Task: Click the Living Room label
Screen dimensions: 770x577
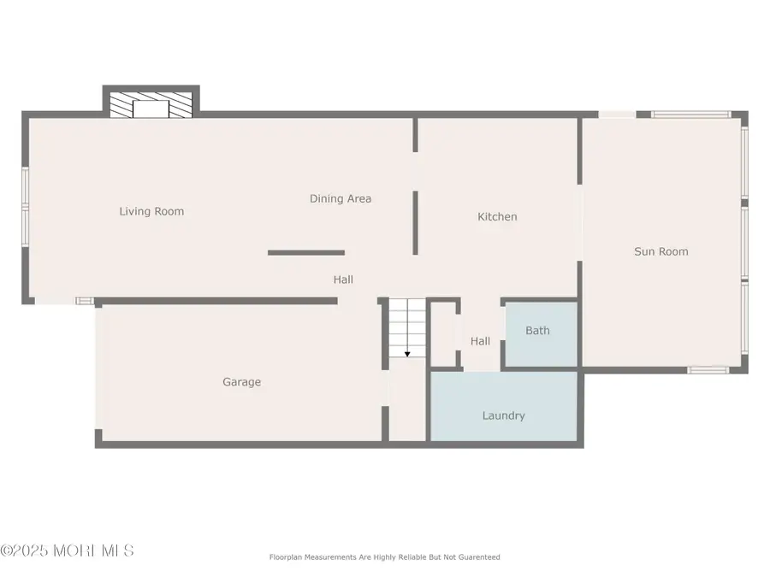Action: [151, 211]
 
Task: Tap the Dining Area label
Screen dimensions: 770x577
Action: [341, 198]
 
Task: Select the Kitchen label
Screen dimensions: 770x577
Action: [497, 217]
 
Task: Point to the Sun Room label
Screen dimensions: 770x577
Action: [661, 251]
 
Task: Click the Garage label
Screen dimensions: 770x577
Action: [241, 382]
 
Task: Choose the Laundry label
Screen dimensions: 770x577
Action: [503, 416]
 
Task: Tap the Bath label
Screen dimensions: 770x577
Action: [538, 331]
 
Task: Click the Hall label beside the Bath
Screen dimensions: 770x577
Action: [480, 341]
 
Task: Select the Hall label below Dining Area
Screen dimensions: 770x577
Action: [343, 280]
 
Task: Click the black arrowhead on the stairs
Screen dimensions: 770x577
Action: [407, 354]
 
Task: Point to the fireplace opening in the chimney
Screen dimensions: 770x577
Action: [151, 109]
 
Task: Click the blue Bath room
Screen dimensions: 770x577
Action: [542, 334]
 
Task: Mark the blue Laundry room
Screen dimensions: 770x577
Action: [504, 406]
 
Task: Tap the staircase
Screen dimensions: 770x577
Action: [407, 327]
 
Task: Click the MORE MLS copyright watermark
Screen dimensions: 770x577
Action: [68, 551]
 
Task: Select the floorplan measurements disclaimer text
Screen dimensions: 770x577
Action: [384, 557]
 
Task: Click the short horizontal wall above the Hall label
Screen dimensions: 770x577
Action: [306, 253]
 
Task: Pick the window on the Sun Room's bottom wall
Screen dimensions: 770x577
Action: [708, 369]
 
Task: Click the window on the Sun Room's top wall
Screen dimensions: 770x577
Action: [691, 115]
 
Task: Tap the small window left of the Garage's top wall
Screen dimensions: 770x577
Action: [85, 301]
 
